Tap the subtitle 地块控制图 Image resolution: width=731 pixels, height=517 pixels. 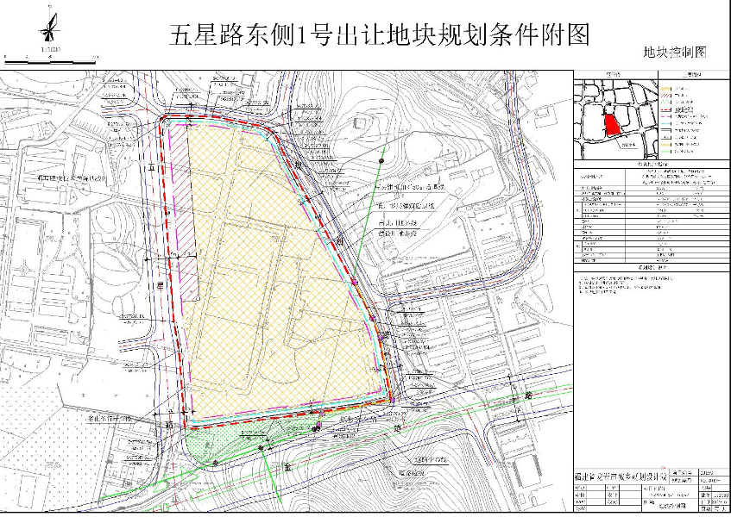click(675, 53)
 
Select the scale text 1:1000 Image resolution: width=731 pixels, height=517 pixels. click(50, 51)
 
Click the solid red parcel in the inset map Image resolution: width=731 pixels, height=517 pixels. click(612, 125)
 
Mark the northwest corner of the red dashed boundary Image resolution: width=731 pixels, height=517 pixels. click(162, 121)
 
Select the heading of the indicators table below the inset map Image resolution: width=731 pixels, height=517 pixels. click(651, 163)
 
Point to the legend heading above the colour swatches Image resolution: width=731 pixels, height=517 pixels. click(692, 76)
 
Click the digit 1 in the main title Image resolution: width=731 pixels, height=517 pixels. click(303, 36)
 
